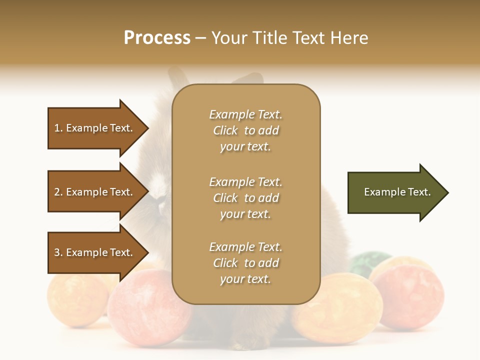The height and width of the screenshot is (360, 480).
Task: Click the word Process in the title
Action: (x=157, y=38)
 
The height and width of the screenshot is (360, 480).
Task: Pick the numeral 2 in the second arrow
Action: (x=57, y=192)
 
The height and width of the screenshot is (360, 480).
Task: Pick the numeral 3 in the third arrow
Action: (x=57, y=252)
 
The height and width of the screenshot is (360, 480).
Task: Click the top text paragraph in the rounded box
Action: (x=245, y=130)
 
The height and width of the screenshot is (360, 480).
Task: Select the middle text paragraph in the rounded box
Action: (x=245, y=198)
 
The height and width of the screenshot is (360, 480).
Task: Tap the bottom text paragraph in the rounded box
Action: (x=245, y=263)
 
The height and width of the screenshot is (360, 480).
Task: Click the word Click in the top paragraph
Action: (x=225, y=130)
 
